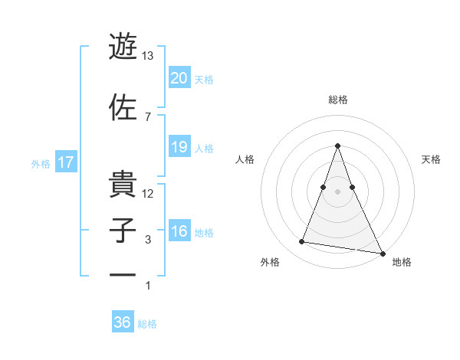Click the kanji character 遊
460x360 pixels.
tap(123, 47)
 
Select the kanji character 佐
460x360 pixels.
tap(123, 106)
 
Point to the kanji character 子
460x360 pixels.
tap(123, 231)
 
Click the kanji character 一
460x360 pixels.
tap(123, 276)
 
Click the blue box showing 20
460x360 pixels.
tap(179, 78)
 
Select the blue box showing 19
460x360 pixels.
tap(179, 147)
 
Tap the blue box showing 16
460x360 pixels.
tap(179, 232)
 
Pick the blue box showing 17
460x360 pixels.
tap(66, 162)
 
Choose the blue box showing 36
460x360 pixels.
tap(123, 322)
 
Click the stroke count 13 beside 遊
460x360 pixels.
tap(148, 56)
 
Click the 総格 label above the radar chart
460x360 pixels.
tap(338, 100)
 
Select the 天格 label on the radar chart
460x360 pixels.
tap(432, 159)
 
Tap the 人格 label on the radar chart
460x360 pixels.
tap(245, 159)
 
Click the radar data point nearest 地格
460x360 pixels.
tap(383, 253)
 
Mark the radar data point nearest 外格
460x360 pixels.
tap(301, 242)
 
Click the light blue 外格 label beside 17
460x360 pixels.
tap(41, 163)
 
